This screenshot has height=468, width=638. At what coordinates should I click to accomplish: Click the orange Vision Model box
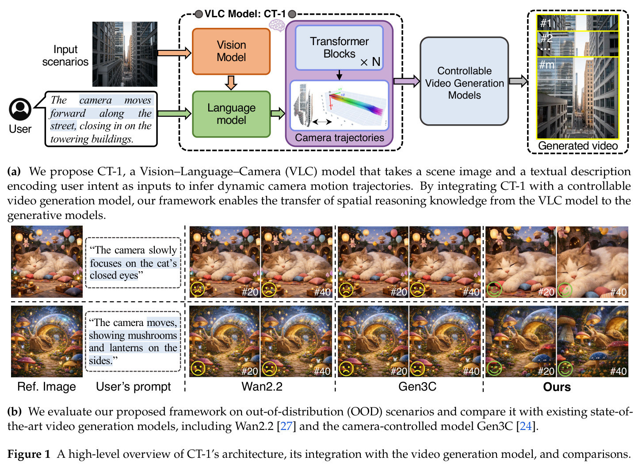click(231, 51)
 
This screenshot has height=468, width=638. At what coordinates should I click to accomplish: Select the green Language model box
click(231, 114)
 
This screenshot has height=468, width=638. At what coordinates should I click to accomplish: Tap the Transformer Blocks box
click(339, 48)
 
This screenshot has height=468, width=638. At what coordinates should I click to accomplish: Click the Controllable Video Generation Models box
click(464, 81)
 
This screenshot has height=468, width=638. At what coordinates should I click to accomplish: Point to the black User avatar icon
click(20, 109)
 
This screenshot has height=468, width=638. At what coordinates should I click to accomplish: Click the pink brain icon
click(277, 25)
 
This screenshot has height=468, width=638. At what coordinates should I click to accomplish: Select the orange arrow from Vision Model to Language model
click(231, 83)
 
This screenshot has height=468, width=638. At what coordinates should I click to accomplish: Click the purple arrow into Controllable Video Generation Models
click(407, 81)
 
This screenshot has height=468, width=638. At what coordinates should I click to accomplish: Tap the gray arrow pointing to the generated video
click(518, 81)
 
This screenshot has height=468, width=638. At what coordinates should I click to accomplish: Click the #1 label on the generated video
click(546, 23)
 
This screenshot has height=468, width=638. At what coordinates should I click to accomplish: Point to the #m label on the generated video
click(546, 65)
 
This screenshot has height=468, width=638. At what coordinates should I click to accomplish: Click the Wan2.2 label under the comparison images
click(262, 387)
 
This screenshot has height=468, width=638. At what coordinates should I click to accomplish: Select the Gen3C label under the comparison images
click(417, 387)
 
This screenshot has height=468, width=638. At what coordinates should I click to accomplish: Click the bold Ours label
click(557, 387)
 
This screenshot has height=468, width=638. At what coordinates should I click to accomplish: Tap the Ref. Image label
click(46, 387)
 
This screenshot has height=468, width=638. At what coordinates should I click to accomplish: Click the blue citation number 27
click(286, 426)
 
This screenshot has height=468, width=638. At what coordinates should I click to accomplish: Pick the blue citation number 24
click(526, 426)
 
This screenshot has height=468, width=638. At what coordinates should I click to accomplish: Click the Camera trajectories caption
click(340, 138)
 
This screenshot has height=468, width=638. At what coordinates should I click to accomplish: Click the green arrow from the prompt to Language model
click(174, 114)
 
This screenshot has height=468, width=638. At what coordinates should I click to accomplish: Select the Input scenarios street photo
click(125, 54)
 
